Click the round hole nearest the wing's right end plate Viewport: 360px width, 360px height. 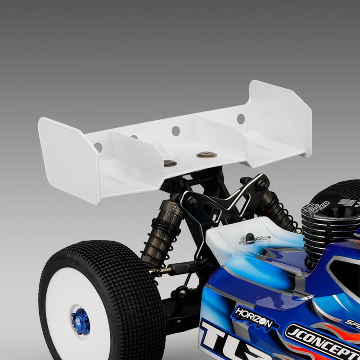[x=241, y=119]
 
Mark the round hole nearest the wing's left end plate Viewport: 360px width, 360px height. [x=98, y=147]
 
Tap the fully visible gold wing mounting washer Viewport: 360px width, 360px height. [x=207, y=155]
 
